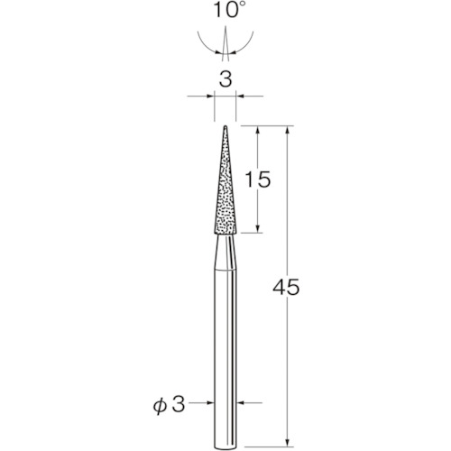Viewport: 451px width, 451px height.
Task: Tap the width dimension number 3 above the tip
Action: pyautogui.click(x=225, y=79)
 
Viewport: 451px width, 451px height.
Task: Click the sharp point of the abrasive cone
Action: pyautogui.click(x=225, y=125)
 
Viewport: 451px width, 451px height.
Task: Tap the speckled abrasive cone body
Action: pyautogui.click(x=225, y=194)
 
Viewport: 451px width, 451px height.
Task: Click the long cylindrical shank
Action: pyautogui.click(x=225, y=343)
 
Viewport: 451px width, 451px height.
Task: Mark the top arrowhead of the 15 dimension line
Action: pyautogui.click(x=259, y=130)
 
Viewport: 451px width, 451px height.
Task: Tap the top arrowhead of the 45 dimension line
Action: pyautogui.click(x=287, y=130)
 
